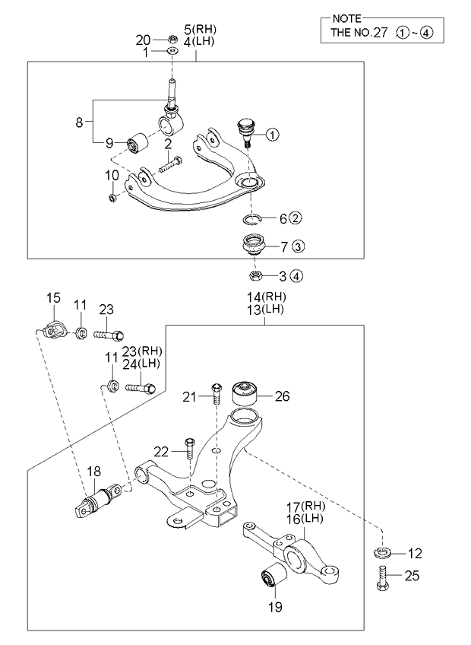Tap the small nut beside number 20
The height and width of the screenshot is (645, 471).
coord(172,40)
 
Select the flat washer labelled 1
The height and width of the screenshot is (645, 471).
coord(172,52)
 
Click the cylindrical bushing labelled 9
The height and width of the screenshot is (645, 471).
coord(138,142)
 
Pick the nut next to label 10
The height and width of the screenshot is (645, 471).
coord(113,198)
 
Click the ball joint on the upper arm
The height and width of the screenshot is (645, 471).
coord(245,129)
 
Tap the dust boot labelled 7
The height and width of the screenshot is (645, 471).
coord(251,247)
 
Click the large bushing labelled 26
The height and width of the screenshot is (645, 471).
coord(245,392)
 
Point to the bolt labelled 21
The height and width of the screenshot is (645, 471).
coord(216,393)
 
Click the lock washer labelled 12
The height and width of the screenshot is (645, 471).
coord(382,552)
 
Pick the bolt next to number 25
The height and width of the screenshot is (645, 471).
coord(382,580)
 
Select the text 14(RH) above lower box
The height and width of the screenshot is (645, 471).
coord(263,297)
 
